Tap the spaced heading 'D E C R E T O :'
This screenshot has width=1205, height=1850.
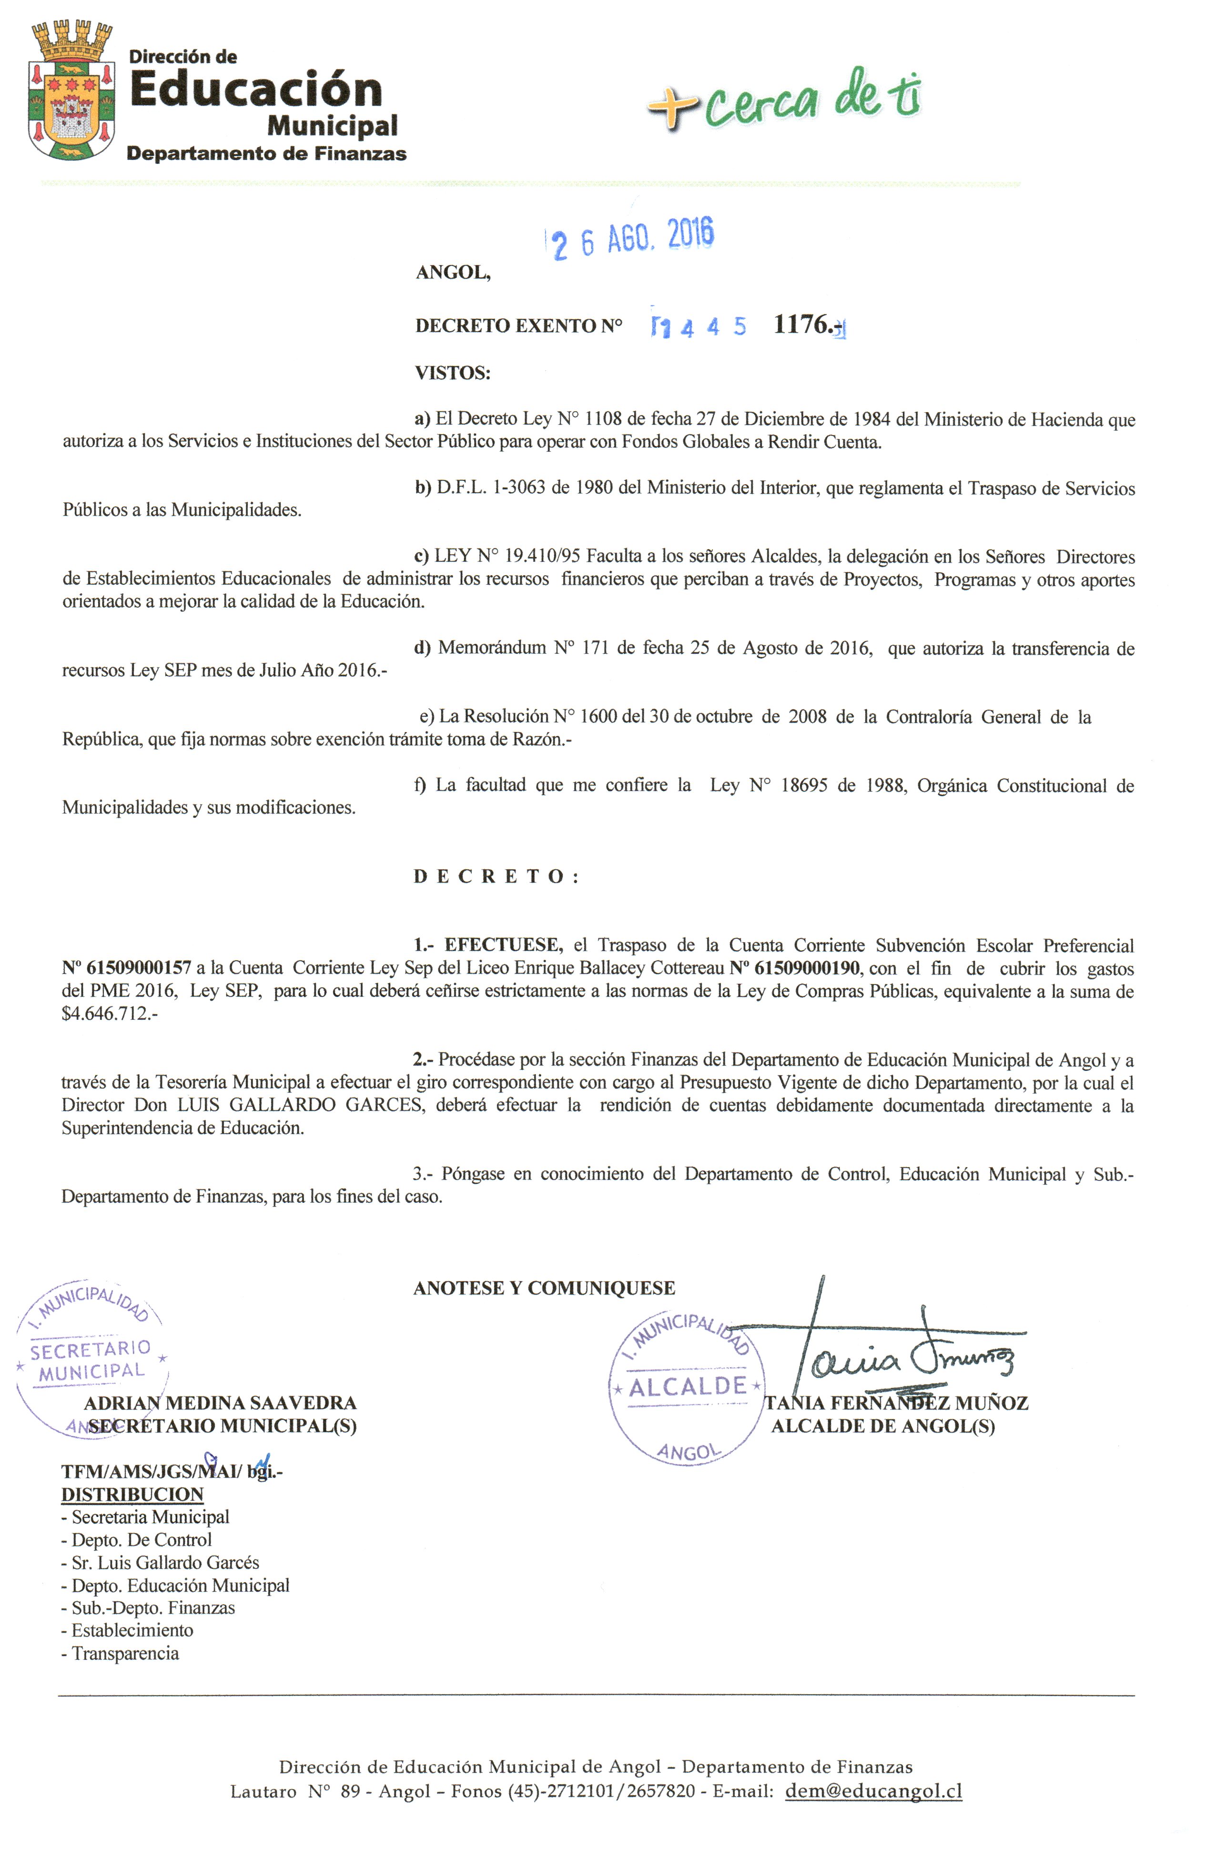pyautogui.click(x=496, y=877)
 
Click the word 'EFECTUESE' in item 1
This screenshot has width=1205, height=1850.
pyautogui.click(x=502, y=945)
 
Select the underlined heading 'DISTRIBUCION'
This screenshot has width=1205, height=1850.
pyautogui.click(x=132, y=1494)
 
